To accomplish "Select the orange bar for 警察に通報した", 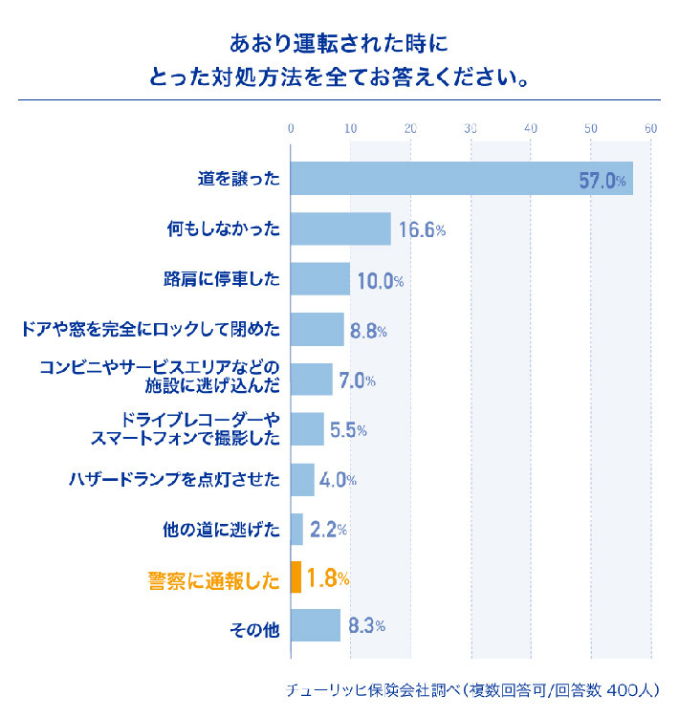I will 296,577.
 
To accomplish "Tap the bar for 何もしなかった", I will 340,229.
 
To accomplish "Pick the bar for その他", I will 315,627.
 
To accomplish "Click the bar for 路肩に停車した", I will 320,279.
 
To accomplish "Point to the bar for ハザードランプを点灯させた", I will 302,479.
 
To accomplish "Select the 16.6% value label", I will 422,230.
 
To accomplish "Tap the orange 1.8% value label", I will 327,578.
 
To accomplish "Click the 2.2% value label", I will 328,529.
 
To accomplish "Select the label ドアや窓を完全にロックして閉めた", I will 150,329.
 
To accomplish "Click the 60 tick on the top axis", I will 650,129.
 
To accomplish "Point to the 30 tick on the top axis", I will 471,129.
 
